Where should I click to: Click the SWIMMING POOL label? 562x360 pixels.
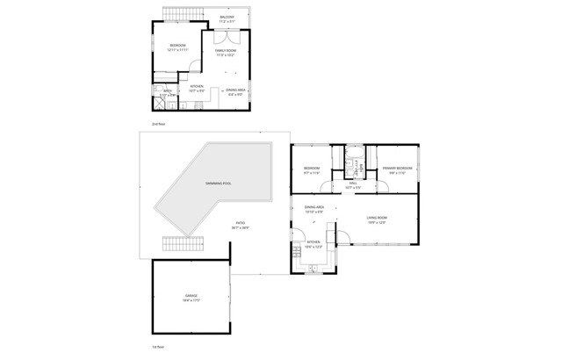click(218, 184)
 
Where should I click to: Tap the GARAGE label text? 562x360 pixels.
click(191, 297)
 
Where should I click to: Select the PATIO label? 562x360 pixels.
click(241, 224)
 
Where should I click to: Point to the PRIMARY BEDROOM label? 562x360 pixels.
click(397, 169)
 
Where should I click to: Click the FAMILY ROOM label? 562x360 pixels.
click(227, 52)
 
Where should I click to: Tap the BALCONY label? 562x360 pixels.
click(227, 17)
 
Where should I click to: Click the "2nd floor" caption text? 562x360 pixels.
click(157, 124)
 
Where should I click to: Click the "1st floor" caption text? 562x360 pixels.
click(157, 349)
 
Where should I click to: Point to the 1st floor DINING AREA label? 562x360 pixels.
click(314, 209)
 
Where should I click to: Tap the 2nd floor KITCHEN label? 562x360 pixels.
click(197, 87)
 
